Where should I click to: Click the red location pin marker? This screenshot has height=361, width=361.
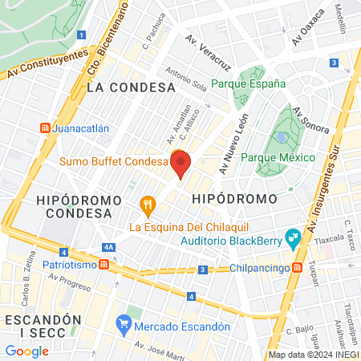[181, 164]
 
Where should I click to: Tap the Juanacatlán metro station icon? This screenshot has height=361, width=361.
[46, 128]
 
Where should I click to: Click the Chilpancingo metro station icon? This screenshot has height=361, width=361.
[297, 267]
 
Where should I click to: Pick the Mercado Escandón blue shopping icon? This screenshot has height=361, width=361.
[123, 325]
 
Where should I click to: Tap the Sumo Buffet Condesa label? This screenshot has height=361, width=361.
[112, 161]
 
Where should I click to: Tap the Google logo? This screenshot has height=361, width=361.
[26, 351]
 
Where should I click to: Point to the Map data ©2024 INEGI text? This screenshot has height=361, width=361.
[313, 355]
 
